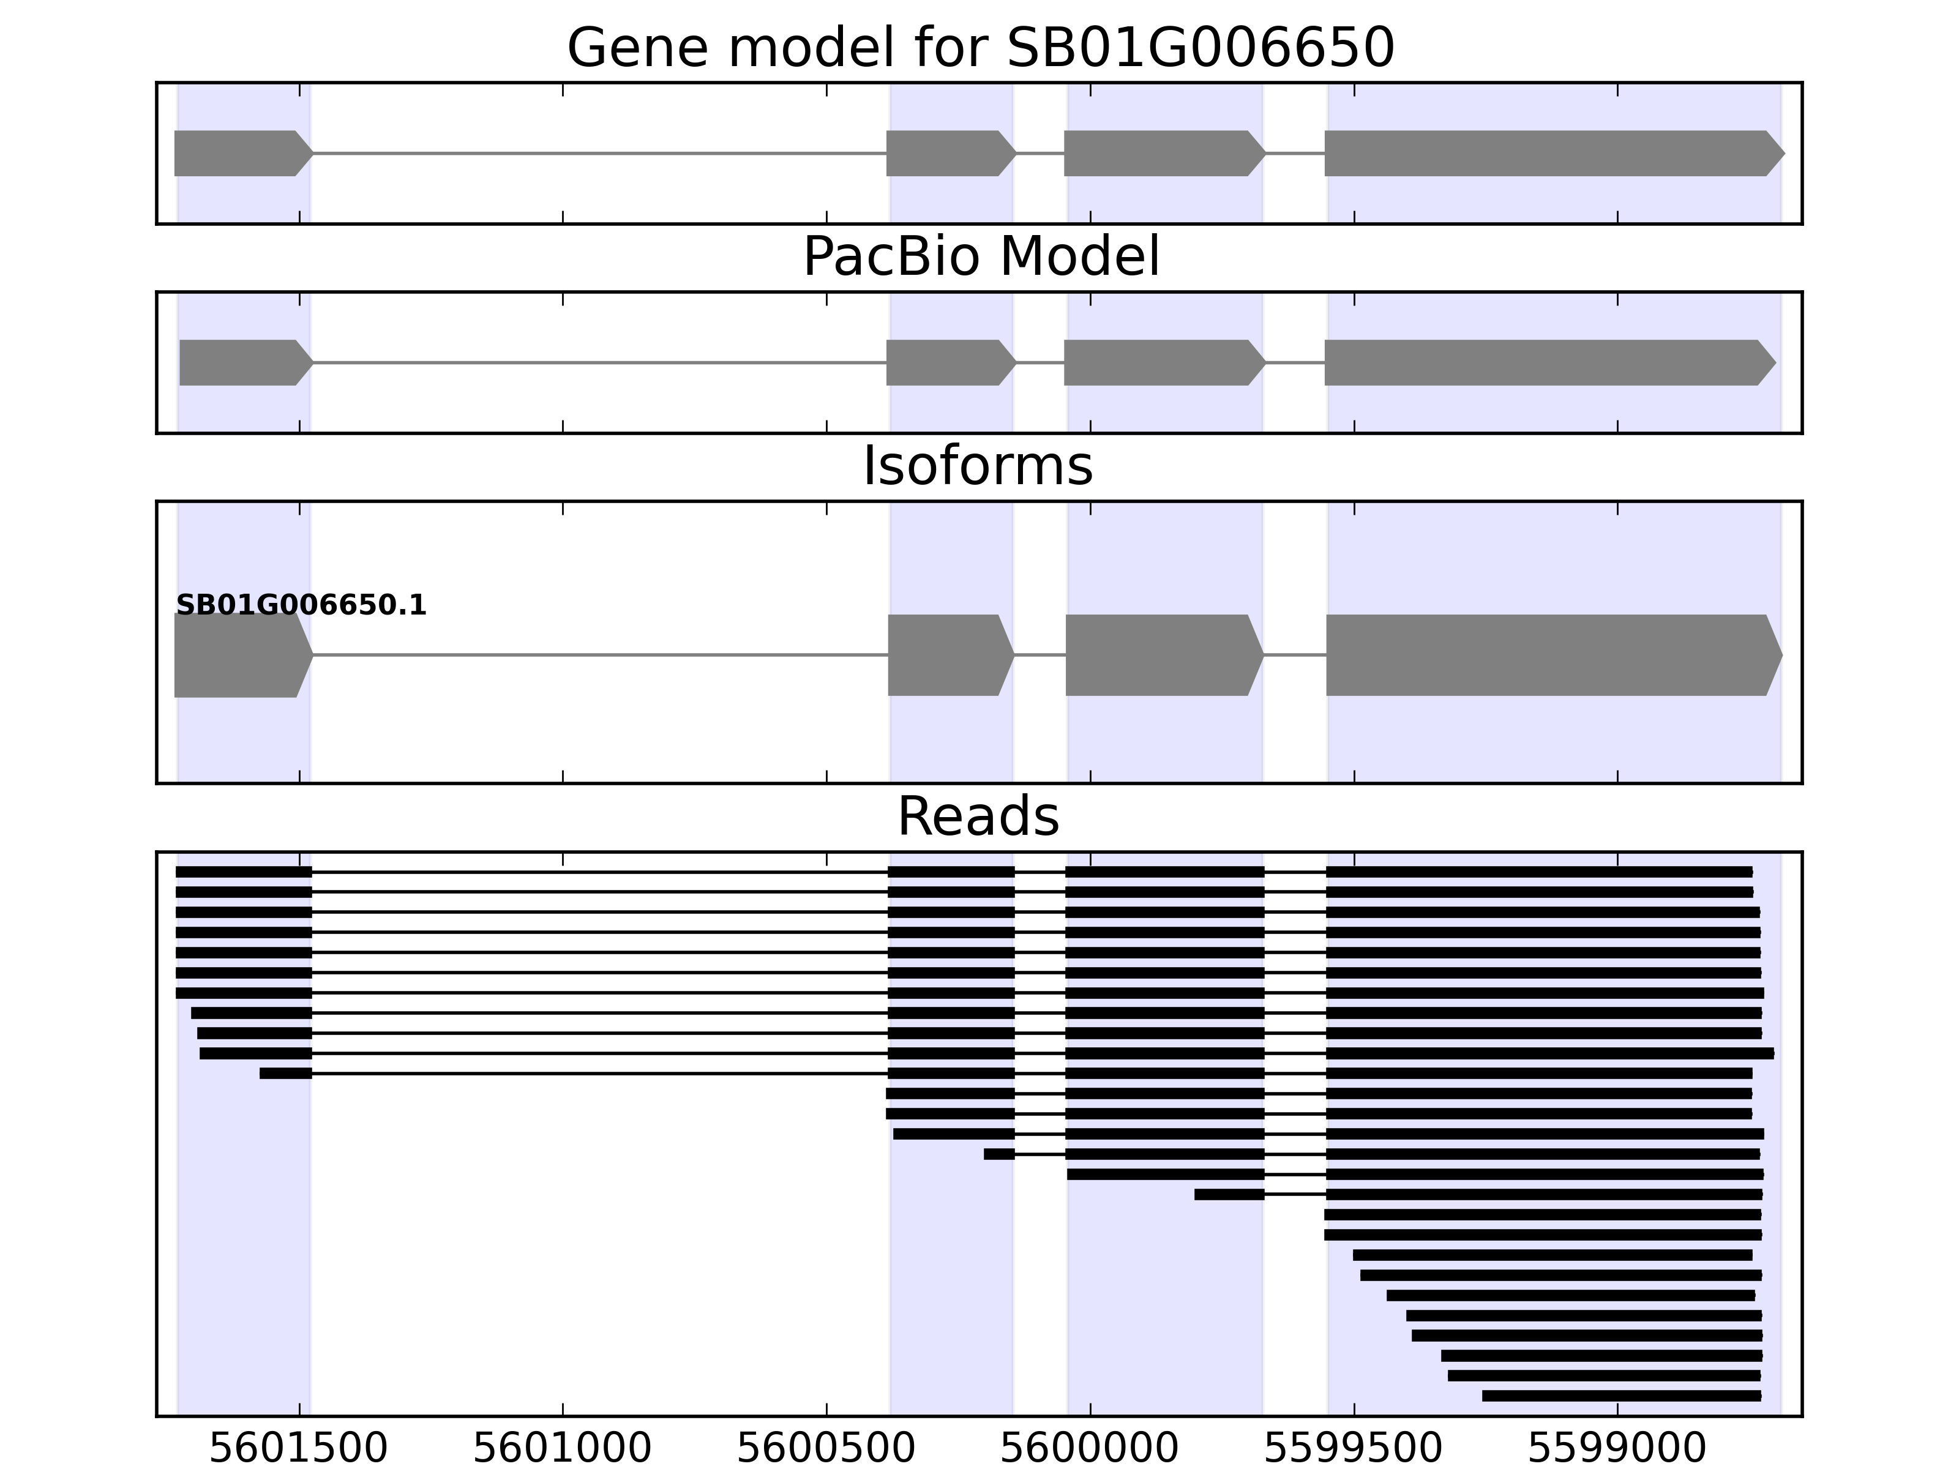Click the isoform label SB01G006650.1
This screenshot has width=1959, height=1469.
pos(301,606)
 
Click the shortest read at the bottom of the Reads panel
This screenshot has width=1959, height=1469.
pos(1620,1396)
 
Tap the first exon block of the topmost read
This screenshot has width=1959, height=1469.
pos(244,872)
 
